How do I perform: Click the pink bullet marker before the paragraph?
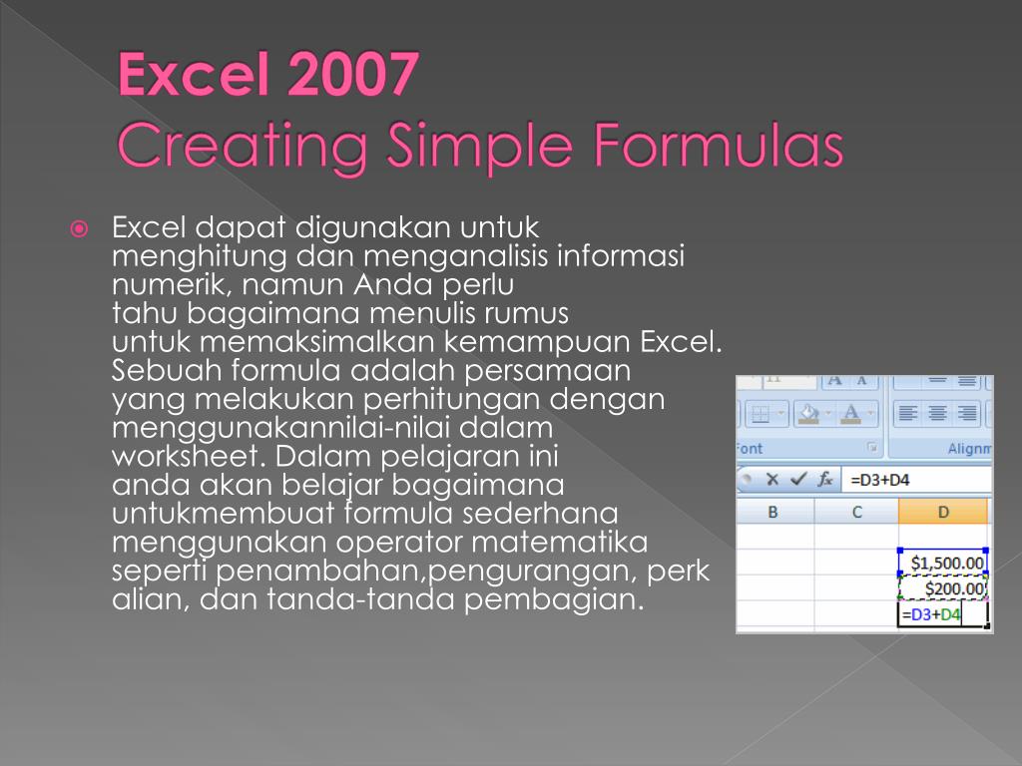tap(79, 228)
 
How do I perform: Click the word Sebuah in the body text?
tap(167, 370)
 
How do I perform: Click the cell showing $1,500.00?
tap(943, 563)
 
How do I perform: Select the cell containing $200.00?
tap(943, 588)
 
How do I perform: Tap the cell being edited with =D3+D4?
tap(943, 614)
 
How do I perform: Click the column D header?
tap(943, 512)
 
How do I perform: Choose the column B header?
tap(773, 512)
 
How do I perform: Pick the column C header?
tap(857, 512)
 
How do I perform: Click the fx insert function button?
tap(825, 480)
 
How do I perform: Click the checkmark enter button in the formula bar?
tap(798, 480)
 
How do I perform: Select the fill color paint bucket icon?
tap(808, 414)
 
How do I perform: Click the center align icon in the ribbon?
tap(937, 413)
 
